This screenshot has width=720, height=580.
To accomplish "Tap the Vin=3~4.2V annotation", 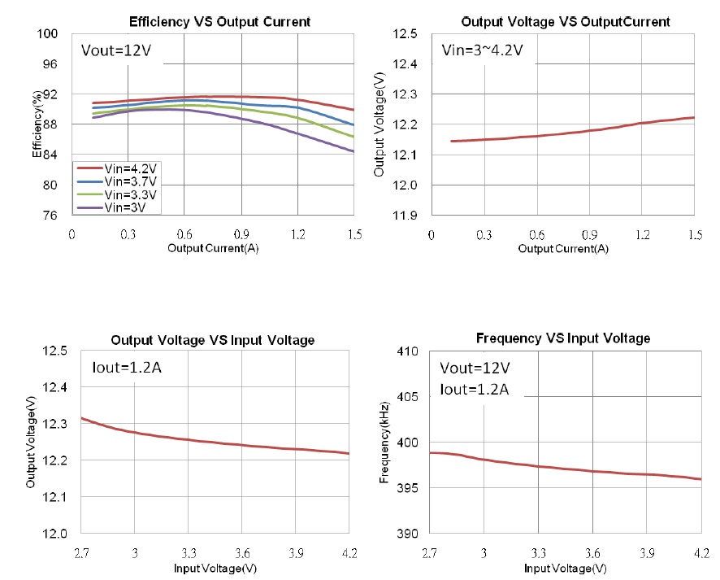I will click(x=482, y=51).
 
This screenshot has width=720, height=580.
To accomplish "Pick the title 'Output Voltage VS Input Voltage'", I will click(x=212, y=339).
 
